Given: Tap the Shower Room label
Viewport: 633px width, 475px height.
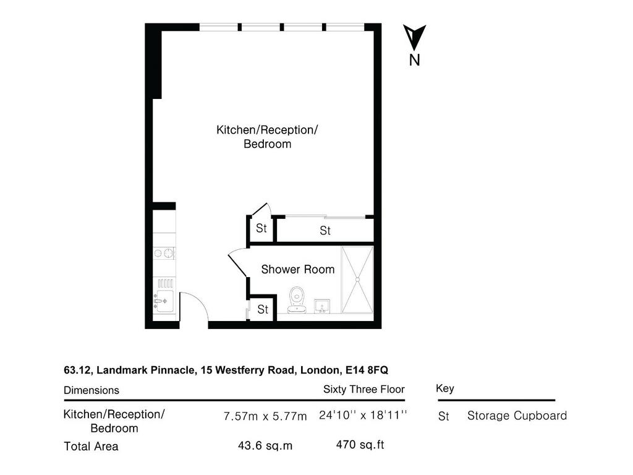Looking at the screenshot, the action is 298,270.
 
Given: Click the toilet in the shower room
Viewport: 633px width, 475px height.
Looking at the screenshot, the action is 297,300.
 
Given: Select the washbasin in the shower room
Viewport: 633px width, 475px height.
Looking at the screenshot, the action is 322,306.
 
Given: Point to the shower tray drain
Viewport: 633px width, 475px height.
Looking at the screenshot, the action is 357,279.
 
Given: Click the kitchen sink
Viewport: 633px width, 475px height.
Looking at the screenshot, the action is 164,301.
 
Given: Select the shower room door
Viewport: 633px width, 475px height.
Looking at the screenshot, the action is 238,265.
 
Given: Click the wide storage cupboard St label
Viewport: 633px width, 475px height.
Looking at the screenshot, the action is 325,231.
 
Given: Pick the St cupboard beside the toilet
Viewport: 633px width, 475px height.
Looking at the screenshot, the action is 262,309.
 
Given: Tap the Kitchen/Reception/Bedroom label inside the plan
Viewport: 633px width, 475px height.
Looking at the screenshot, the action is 267,137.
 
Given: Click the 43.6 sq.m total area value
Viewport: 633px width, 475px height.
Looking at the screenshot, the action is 265,445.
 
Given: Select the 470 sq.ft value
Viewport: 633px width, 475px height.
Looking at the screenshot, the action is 360,445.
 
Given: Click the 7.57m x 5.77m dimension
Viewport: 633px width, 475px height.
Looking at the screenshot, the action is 265,416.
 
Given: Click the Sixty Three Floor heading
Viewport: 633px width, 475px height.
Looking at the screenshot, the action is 363,390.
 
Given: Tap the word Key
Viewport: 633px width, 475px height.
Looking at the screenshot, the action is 445,389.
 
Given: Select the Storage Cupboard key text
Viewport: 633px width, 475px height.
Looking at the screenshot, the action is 517,416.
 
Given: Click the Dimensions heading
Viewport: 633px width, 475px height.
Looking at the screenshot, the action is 91,390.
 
